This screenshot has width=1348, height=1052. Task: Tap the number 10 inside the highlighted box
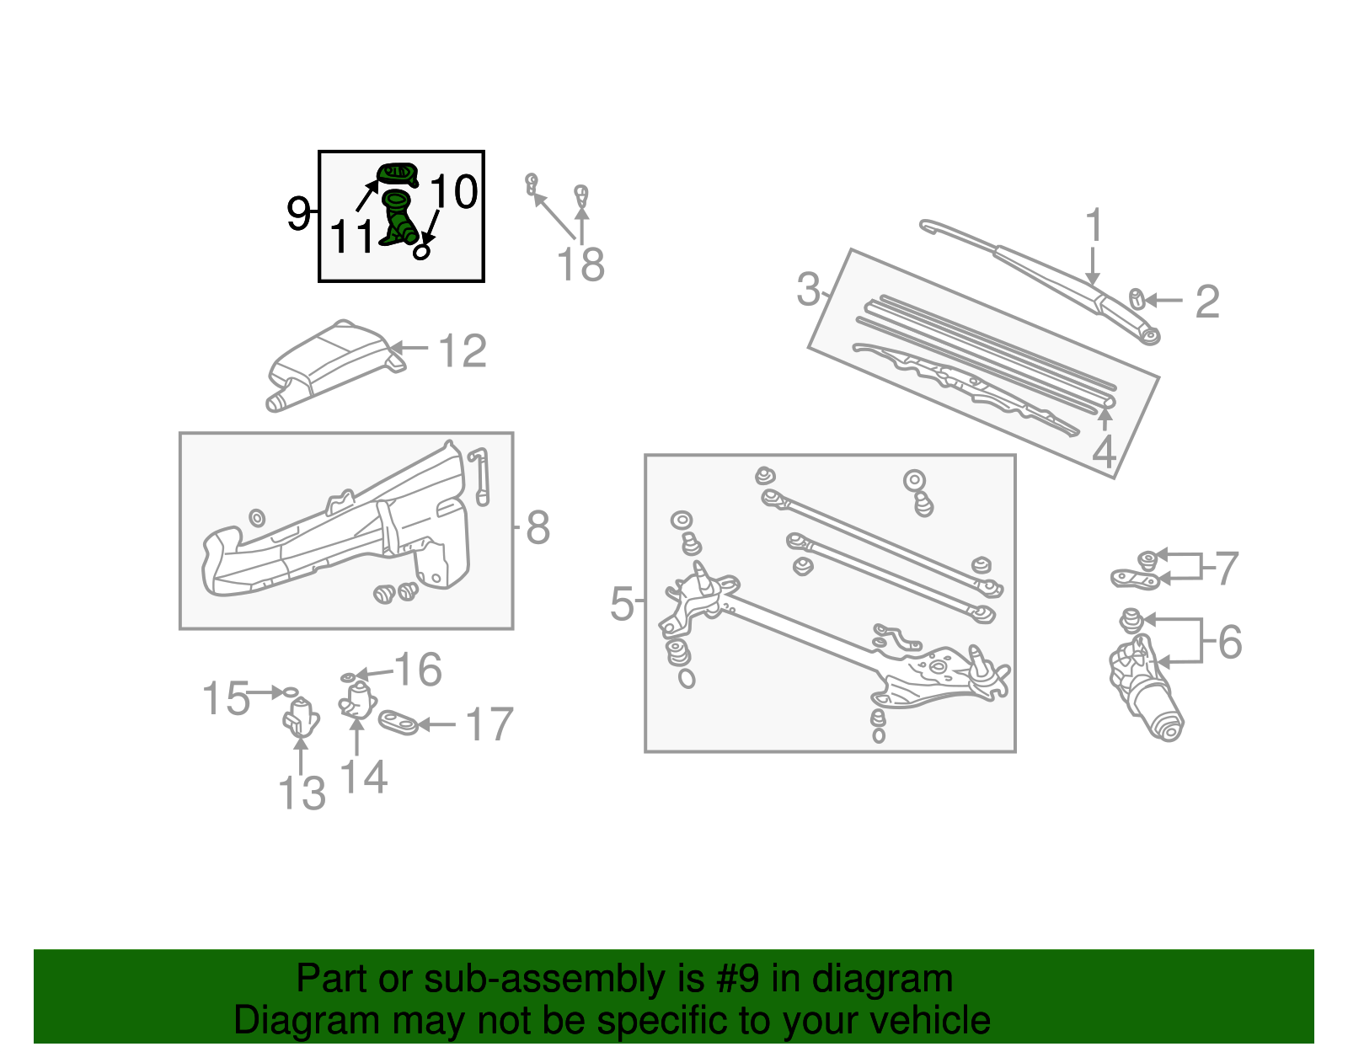pos(454,192)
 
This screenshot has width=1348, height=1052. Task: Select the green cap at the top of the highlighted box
pos(397,174)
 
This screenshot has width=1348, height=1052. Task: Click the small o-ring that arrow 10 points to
pos(422,251)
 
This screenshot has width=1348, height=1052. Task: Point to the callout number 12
pos(463,351)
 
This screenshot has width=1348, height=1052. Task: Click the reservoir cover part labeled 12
pos(333,360)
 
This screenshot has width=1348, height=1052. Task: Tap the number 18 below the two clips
pos(580,264)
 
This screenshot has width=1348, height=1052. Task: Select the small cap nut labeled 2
pos(1136,298)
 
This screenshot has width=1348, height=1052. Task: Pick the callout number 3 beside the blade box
pos(808,290)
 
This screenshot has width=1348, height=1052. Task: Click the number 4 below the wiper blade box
pos(1104,451)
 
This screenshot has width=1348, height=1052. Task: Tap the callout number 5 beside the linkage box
pos(622,604)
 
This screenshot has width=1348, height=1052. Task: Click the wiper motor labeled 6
pos(1146,691)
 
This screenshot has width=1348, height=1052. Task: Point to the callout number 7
pos(1227,569)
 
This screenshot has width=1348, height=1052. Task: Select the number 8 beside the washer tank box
pos(538,528)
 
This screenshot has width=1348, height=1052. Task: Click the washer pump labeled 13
pos(300,717)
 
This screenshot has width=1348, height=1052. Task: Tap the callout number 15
pos(226,698)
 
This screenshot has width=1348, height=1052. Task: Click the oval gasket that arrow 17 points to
pos(399,723)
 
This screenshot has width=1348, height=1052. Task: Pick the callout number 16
pos(418,670)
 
